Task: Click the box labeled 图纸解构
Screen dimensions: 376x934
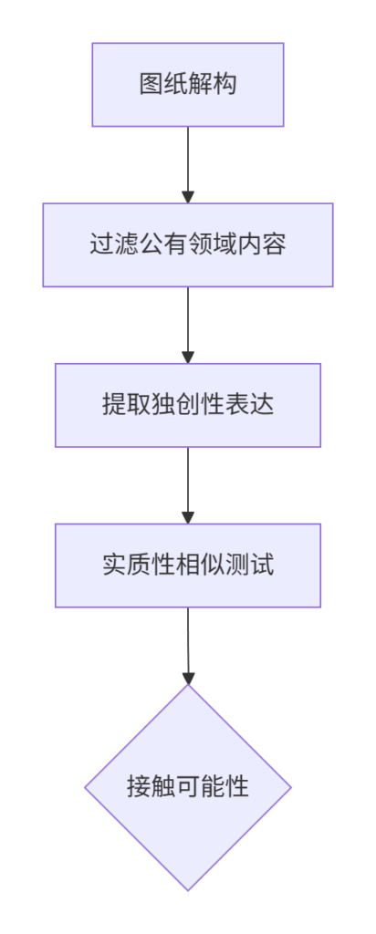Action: pyautogui.click(x=188, y=85)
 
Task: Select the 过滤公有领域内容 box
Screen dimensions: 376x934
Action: pyautogui.click(x=188, y=244)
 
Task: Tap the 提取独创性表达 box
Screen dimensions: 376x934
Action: pyautogui.click(x=188, y=405)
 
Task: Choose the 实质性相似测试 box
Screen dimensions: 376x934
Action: pyautogui.click(x=188, y=566)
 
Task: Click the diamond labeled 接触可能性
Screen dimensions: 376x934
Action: pyautogui.click(x=188, y=787)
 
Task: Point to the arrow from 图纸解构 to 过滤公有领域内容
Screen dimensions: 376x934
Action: pyautogui.click(x=188, y=165)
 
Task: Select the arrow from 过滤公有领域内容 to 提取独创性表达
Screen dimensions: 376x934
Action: pyautogui.click(x=188, y=326)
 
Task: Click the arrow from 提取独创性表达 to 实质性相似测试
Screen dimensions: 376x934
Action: pyautogui.click(x=188, y=485)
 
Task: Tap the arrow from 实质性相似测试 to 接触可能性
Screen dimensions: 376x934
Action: pyautogui.click(x=188, y=646)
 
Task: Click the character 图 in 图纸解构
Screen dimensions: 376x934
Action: pyautogui.click(x=149, y=85)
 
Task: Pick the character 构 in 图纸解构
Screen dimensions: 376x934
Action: pyautogui.click(x=227, y=85)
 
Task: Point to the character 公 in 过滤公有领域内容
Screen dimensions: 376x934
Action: pyautogui.click(x=149, y=244)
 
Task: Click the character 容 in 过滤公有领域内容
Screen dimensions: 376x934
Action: pyautogui.click(x=276, y=244)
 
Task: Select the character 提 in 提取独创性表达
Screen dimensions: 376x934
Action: pyautogui.click(x=112, y=405)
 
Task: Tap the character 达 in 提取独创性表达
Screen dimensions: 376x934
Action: pyautogui.click(x=264, y=405)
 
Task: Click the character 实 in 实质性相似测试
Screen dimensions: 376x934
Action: pyautogui.click(x=112, y=566)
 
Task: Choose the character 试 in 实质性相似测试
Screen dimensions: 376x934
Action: pyautogui.click(x=264, y=566)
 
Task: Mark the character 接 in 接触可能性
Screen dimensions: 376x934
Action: pyautogui.click(x=137, y=787)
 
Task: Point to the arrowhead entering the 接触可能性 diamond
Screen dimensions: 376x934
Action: pyautogui.click(x=188, y=678)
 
